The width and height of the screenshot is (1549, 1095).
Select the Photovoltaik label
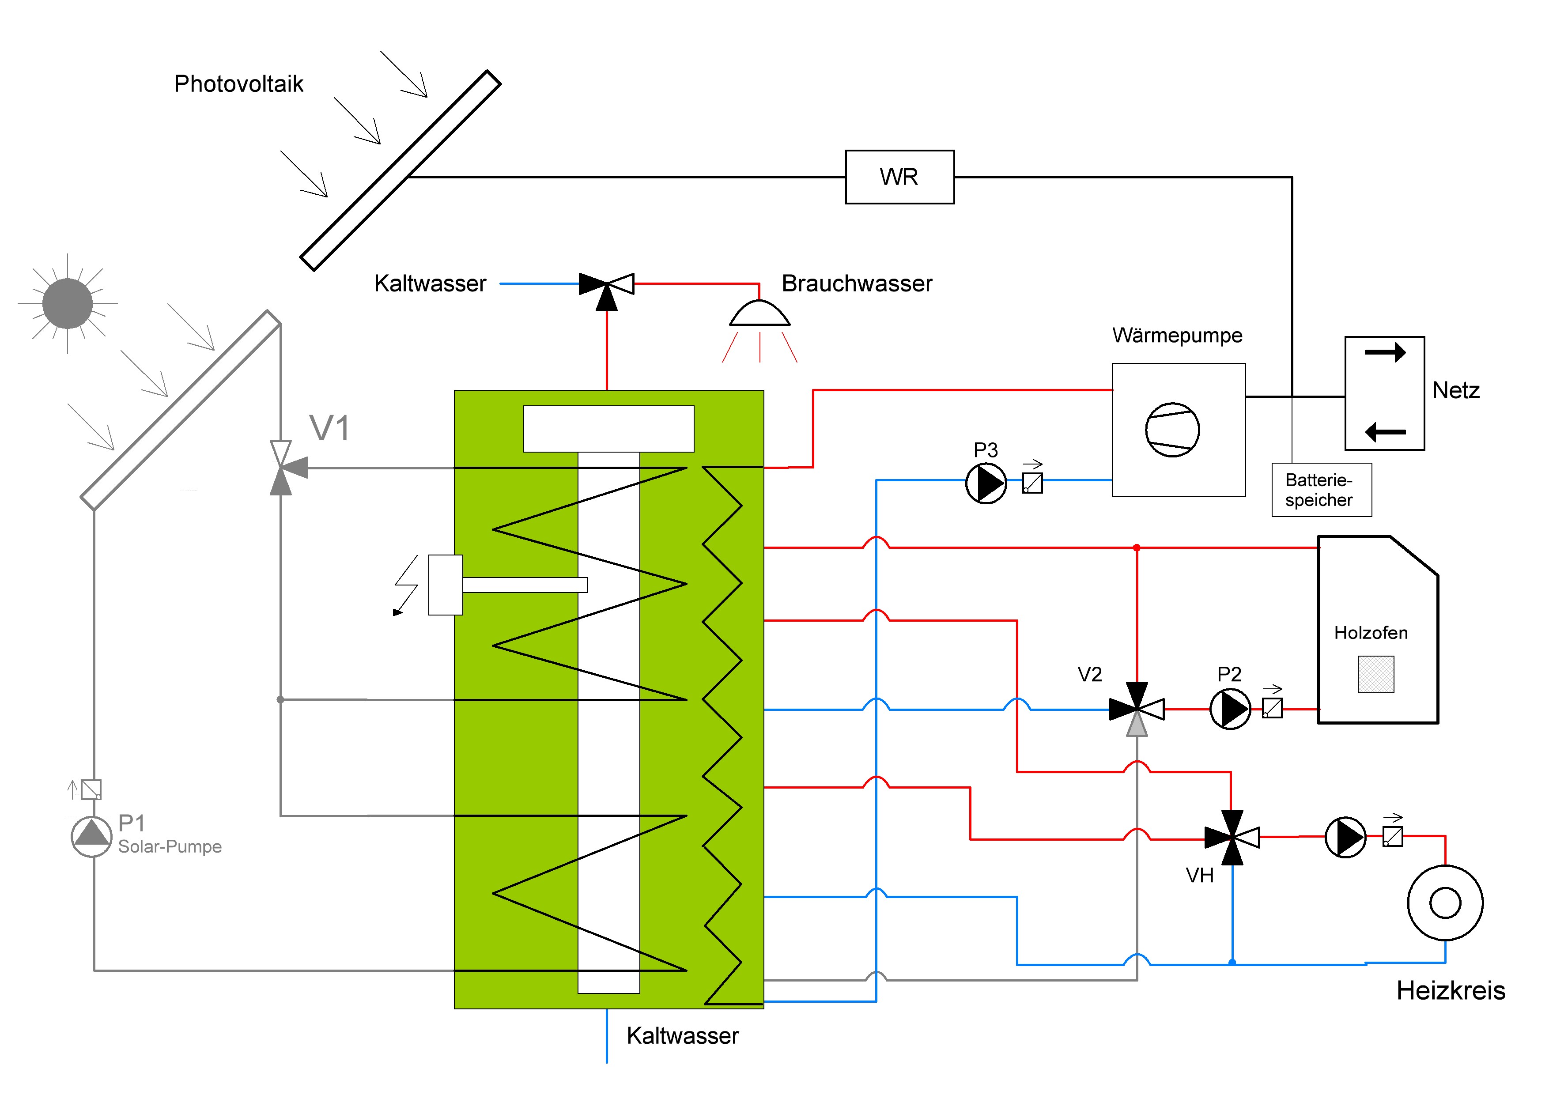[x=239, y=83]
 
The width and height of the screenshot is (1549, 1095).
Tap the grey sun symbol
[x=68, y=304]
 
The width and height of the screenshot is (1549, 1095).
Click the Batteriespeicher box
[x=1322, y=490]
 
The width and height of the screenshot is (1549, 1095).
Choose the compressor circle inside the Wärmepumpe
[x=1172, y=430]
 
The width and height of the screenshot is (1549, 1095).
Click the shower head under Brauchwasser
[x=759, y=314]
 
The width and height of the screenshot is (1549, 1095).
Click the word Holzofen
[x=1371, y=633]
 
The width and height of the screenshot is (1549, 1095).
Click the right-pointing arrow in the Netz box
[x=1385, y=352]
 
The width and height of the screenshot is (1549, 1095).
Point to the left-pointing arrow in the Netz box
[x=1385, y=432]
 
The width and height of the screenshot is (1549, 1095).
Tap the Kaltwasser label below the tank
[x=683, y=1036]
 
